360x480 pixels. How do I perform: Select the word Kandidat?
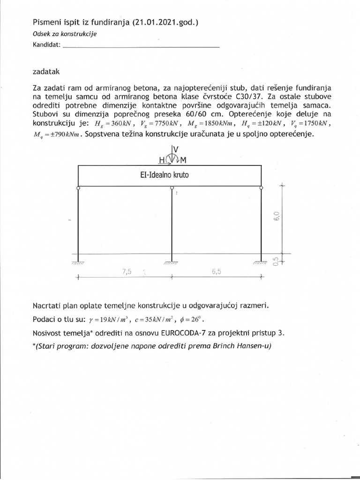coord(46,45)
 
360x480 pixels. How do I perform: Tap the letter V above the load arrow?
coord(175,149)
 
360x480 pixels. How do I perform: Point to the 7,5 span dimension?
coord(126,272)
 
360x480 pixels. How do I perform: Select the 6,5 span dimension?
coord(216,272)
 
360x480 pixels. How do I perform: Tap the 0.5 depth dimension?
coord(276,261)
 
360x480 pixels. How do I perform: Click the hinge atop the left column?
coord(78,187)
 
